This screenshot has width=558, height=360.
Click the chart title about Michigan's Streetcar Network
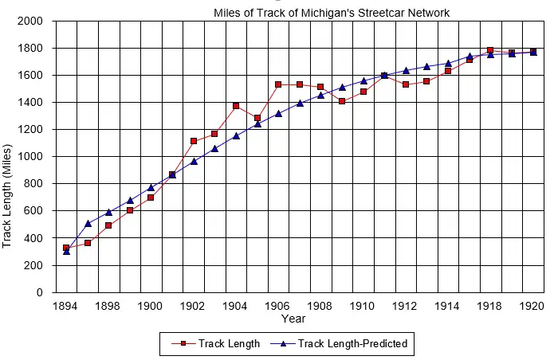pos(331,13)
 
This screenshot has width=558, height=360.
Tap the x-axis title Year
pos(293,319)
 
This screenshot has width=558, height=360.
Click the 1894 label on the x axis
pos(66,306)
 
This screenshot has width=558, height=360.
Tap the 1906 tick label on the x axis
pos(278,306)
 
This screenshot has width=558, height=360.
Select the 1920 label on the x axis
pos(532,306)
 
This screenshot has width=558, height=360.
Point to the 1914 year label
pos(448,306)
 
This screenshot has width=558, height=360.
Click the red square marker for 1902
pos(194,141)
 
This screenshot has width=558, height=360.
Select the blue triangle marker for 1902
pos(194,162)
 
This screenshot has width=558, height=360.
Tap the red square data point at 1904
pos(236,105)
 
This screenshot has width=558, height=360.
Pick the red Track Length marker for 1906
pos(278,84)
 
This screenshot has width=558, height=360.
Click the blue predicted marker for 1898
pos(108,213)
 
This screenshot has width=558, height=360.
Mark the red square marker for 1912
pos(406,84)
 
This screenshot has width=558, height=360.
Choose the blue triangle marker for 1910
pos(363,80)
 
